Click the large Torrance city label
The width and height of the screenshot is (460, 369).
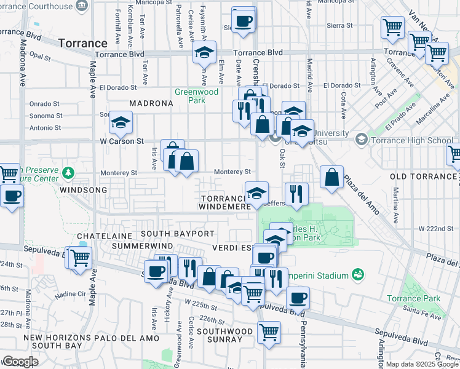[83, 44]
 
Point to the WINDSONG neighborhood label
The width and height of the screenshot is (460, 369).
[84, 191]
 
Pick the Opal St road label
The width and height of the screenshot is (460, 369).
[39, 55]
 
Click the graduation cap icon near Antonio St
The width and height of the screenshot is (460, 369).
[121, 122]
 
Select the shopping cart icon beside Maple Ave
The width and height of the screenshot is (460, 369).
[79, 258]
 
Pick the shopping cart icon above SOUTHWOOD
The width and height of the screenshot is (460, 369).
[269, 332]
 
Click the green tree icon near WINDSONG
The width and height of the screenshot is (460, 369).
[69, 173]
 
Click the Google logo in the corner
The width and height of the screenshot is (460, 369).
[20, 362]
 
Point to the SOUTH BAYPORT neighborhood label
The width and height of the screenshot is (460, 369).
[177, 234]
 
